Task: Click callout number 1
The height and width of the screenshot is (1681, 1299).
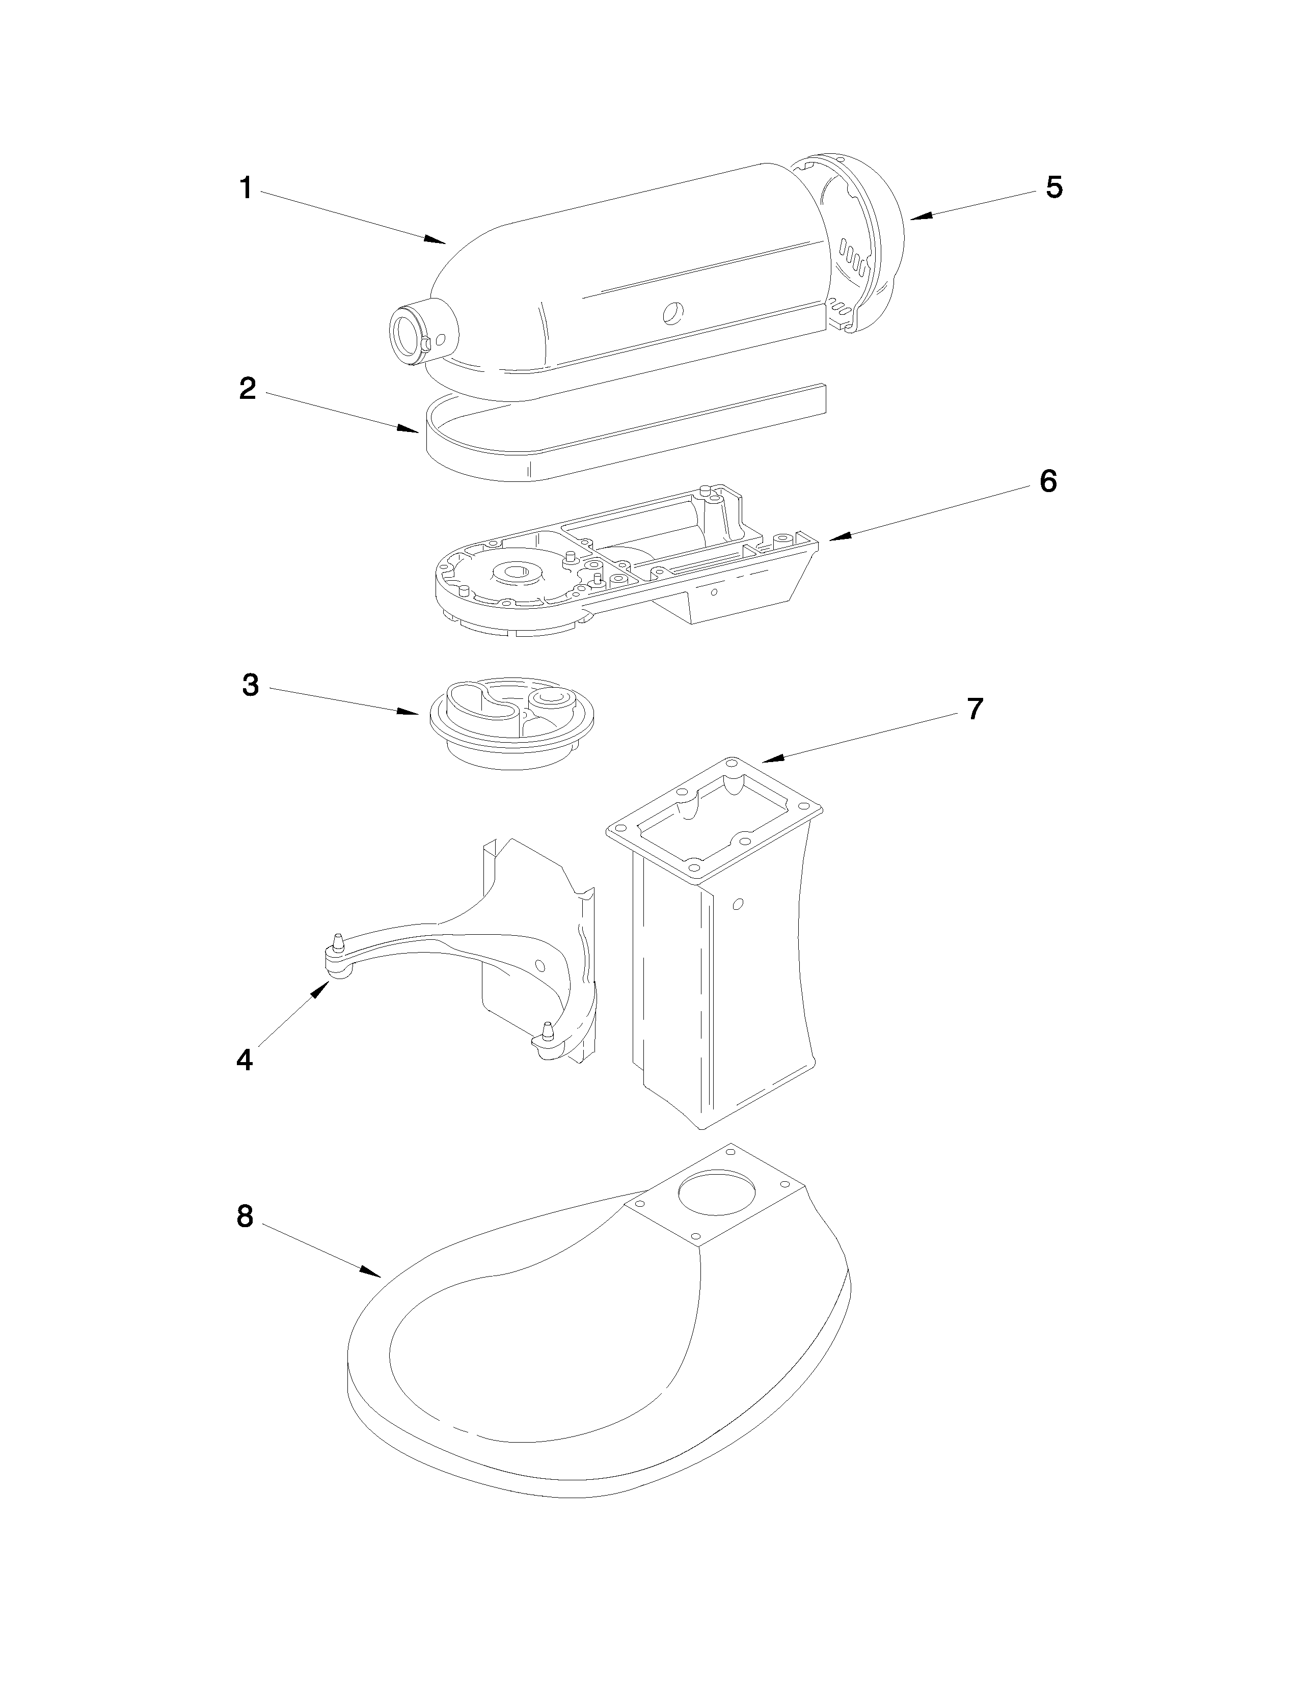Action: [246, 188]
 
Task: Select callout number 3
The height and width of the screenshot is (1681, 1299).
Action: [251, 684]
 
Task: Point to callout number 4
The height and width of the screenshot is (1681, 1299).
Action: [244, 1060]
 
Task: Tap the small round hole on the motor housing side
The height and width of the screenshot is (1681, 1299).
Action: [672, 311]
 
